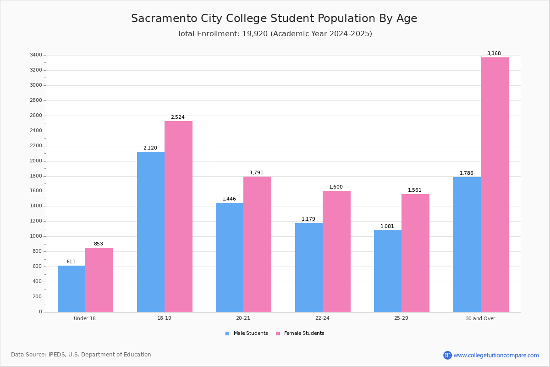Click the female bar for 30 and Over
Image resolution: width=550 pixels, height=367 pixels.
tap(495, 184)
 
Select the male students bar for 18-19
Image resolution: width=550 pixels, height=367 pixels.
tap(151, 232)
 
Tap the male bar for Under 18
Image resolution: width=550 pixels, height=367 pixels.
tap(71, 289)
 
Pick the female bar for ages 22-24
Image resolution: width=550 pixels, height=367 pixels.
tap(336, 251)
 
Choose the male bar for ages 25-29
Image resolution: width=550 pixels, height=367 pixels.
tap(388, 271)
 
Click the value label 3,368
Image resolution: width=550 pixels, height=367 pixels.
tap(494, 53)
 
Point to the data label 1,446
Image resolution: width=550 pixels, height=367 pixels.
tap(229, 199)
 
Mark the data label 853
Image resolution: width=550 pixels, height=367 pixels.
tap(98, 244)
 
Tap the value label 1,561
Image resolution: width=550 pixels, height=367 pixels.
tap(414, 190)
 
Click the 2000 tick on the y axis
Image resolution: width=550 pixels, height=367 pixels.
tap(36, 161)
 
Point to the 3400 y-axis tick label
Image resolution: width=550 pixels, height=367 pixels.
tap(36, 55)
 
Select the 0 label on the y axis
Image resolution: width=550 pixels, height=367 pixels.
tap(40, 311)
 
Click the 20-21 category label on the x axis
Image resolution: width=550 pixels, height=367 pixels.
tap(243, 318)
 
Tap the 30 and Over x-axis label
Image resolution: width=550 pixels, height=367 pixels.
tap(480, 318)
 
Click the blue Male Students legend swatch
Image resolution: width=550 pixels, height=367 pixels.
tap(227, 334)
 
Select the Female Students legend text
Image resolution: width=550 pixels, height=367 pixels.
tap(304, 333)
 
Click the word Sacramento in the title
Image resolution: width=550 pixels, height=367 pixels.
tap(164, 18)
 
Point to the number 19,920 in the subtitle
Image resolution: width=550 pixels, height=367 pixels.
tap(255, 33)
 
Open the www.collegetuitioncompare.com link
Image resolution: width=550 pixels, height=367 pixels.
tap(496, 355)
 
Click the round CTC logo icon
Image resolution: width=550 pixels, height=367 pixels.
tap(447, 355)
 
